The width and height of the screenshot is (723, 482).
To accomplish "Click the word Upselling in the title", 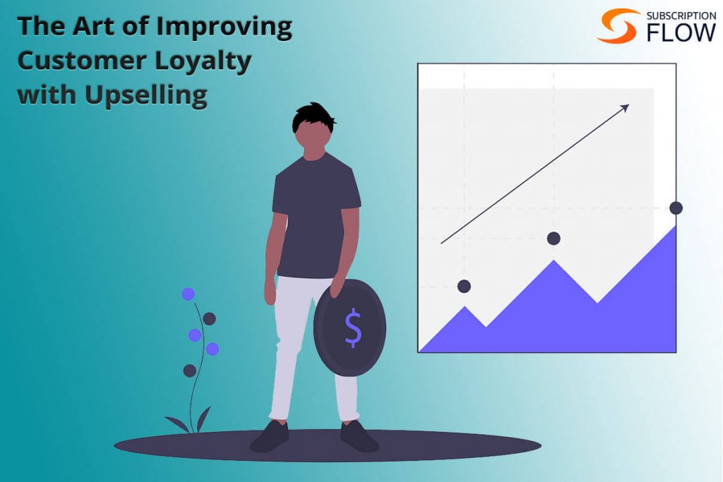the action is tap(146, 95).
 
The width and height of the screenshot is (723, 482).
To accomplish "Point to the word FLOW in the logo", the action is tap(681, 32).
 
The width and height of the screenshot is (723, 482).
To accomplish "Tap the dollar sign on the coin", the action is tap(353, 327).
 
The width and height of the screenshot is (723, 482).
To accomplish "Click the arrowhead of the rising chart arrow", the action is tap(624, 109).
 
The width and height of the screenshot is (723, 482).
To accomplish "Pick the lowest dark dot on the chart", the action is tap(464, 286).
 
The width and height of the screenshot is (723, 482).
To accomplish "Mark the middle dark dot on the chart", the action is tap(554, 239).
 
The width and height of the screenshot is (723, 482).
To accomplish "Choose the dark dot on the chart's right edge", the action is tap(676, 207).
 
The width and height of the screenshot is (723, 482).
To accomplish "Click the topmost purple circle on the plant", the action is tap(188, 294).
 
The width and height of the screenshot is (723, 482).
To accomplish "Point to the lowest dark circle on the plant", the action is tap(189, 370).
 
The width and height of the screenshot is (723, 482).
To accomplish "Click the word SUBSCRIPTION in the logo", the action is tap(681, 16).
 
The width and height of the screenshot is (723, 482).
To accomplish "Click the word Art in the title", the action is tap(94, 26).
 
